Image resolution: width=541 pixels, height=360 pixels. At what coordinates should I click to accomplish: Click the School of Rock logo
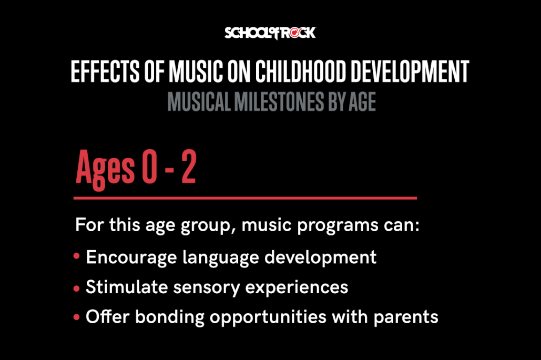270,33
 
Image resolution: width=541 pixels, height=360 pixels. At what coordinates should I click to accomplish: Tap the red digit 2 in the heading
188,168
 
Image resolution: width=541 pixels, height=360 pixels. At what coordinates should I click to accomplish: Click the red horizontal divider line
245,198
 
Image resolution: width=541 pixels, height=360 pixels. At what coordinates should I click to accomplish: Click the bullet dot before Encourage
77,257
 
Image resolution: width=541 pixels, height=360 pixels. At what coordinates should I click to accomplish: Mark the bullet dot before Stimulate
77,287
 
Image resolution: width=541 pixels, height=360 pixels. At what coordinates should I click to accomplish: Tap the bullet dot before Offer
77,317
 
